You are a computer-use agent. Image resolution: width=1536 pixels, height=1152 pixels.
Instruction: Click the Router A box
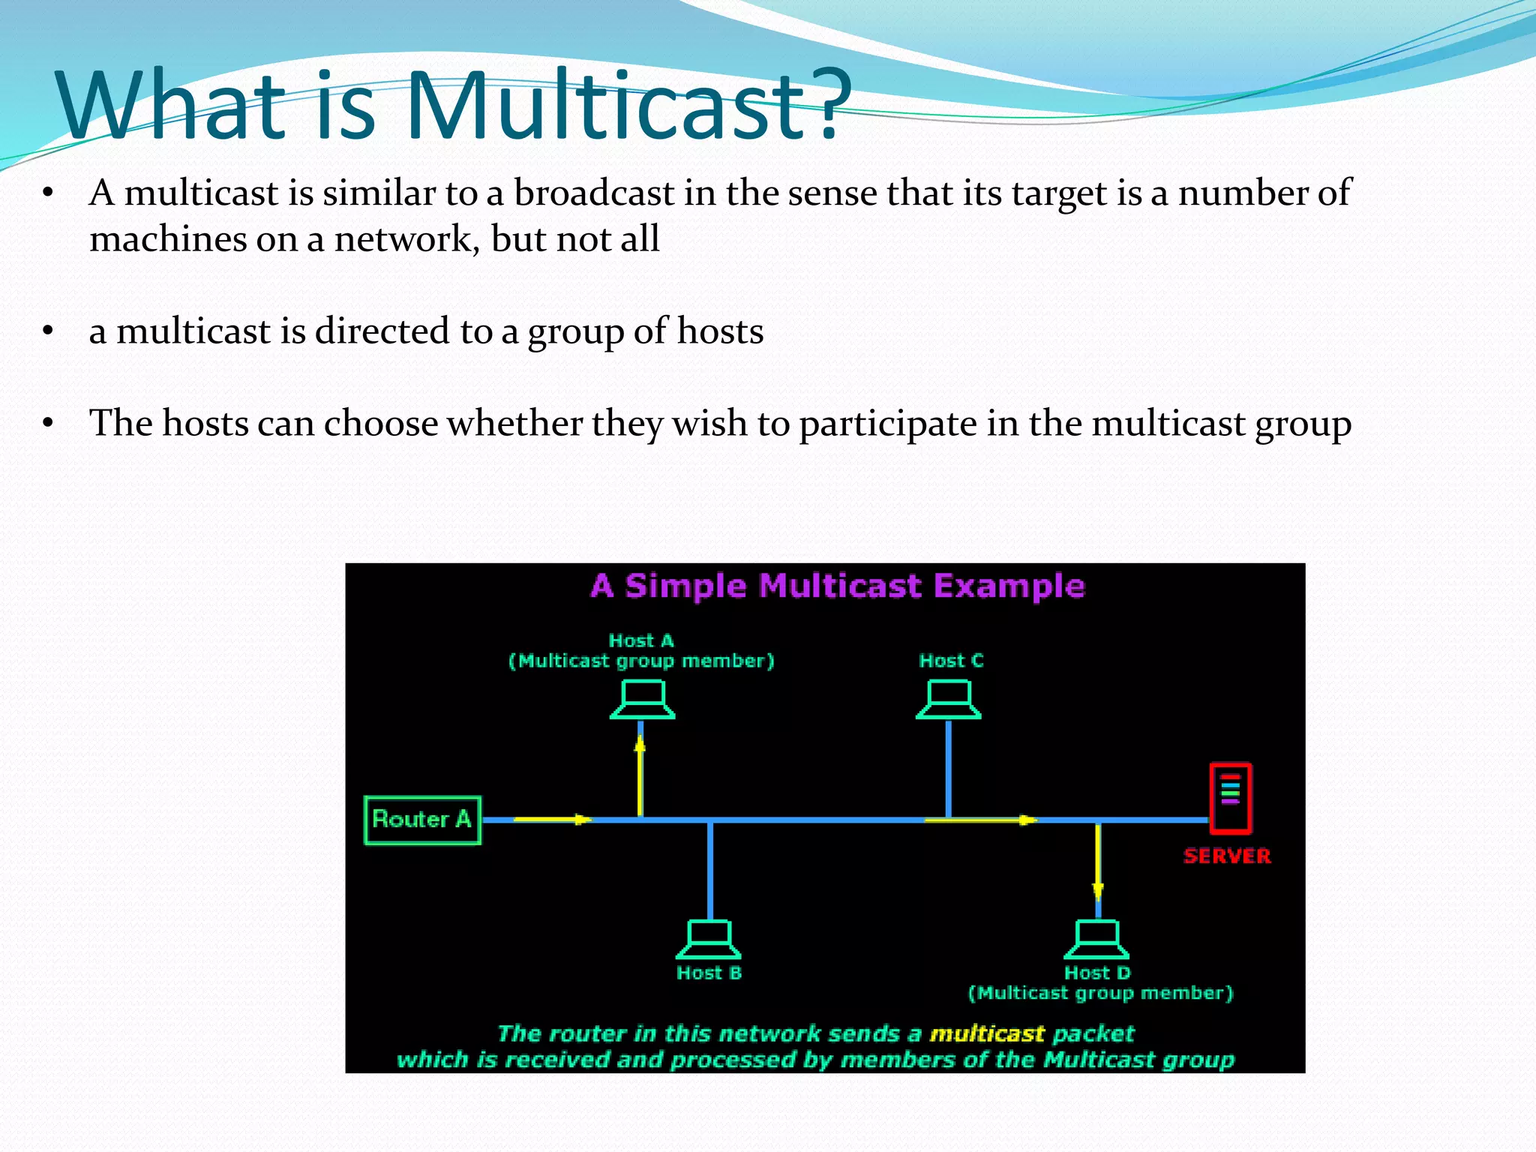pyautogui.click(x=422, y=820)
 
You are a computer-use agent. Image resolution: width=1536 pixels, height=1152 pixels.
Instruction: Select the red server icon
pyautogui.click(x=1230, y=798)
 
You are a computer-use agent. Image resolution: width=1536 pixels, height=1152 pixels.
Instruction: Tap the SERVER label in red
pyautogui.click(x=1227, y=856)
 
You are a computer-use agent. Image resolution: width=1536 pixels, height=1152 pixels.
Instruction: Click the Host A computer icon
pyautogui.click(x=643, y=700)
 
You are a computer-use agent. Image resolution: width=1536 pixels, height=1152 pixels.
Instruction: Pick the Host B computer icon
pyautogui.click(x=709, y=939)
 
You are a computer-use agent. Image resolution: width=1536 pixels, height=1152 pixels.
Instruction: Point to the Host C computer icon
pyautogui.click(x=949, y=700)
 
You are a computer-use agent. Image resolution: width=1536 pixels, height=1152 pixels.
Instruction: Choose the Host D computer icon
pyautogui.click(x=1096, y=939)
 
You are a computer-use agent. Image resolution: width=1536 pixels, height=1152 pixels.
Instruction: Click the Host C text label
pyautogui.click(x=951, y=661)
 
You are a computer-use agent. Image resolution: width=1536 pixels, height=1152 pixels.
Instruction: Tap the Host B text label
pyautogui.click(x=709, y=973)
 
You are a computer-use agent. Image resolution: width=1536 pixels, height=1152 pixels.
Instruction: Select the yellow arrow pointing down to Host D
pyautogui.click(x=1098, y=862)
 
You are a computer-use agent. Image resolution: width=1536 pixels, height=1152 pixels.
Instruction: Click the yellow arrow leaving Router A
pyautogui.click(x=552, y=819)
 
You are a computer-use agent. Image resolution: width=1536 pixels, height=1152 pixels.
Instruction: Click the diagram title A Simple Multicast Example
pyautogui.click(x=838, y=586)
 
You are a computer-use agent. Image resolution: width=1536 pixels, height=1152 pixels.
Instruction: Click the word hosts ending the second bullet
pyautogui.click(x=720, y=331)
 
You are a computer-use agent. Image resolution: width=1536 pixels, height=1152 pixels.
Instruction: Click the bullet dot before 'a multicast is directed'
pyautogui.click(x=48, y=331)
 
